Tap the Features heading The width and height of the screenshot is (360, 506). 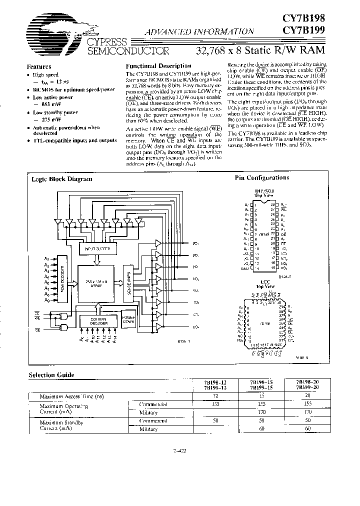(39, 66)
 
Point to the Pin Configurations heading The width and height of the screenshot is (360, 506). (261, 177)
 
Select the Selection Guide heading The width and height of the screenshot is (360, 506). (51, 374)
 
